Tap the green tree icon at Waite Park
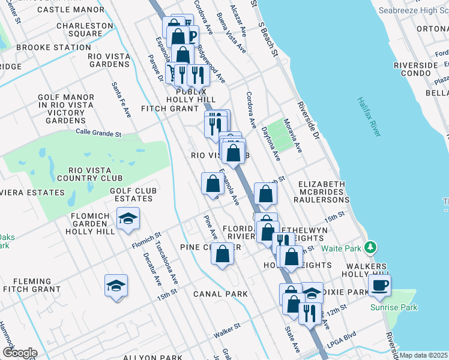[371, 247]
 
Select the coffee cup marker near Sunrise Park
[379, 286]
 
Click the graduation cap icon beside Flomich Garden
[128, 219]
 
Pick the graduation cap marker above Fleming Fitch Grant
[116, 286]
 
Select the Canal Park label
[220, 294]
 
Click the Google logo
[20, 353]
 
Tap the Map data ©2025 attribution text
[423, 355]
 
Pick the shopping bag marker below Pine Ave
[222, 254]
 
